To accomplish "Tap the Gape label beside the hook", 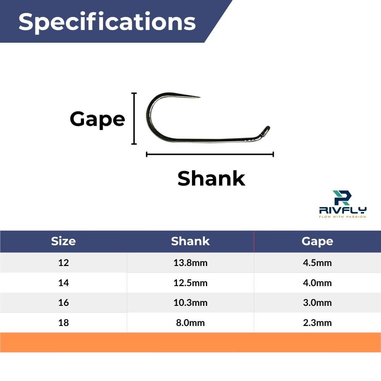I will coord(97,119).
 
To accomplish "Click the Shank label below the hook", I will coord(211,179).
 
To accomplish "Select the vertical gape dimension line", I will coord(134,119).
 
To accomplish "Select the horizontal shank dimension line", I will coord(210,154).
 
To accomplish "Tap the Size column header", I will coord(63,241).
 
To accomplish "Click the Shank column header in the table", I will coord(190,241).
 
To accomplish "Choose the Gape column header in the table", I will coord(317,241).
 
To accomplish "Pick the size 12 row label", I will coord(64,263).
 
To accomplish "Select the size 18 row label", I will coord(64,323).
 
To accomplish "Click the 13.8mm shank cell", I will coord(190,263).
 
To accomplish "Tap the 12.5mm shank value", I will coord(190,283).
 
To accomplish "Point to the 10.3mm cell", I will coord(190,303).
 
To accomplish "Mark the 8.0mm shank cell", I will coord(190,323).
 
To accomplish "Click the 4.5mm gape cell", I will coord(317,263).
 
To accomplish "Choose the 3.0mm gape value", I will coord(317,303).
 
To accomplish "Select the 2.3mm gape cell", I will coord(317,323).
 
